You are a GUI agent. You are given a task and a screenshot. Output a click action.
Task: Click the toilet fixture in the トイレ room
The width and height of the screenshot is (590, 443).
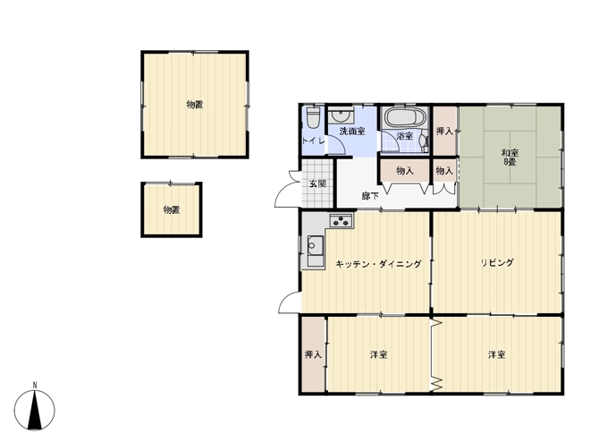(313, 118)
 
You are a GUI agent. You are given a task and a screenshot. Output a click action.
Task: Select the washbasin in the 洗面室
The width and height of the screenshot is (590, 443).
(341, 115)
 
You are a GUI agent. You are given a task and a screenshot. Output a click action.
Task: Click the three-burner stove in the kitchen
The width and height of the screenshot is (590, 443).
(341, 220)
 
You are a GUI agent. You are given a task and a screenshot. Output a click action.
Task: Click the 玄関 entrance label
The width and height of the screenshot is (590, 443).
(317, 183)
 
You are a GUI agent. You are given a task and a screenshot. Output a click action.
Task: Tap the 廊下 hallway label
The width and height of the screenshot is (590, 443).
(370, 196)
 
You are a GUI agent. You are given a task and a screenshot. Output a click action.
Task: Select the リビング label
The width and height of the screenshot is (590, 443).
(497, 262)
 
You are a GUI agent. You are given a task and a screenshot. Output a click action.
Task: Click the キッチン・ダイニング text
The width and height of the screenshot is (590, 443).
(378, 264)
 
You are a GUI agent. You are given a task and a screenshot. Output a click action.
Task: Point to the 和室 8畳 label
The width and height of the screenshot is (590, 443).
(510, 158)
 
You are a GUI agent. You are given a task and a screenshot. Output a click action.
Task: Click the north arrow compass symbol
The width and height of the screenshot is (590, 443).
(35, 410)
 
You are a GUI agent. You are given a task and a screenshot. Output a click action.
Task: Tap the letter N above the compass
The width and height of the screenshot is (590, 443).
(35, 385)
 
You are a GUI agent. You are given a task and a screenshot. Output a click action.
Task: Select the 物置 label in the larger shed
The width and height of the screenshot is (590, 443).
(195, 105)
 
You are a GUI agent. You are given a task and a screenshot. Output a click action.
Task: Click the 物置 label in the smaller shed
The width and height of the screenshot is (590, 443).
(172, 209)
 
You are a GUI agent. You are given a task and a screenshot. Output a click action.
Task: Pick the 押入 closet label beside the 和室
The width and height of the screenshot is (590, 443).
(444, 131)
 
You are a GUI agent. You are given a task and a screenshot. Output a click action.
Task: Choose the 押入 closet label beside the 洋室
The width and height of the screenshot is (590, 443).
(313, 354)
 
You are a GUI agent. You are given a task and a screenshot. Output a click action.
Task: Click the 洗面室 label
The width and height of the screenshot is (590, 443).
(352, 131)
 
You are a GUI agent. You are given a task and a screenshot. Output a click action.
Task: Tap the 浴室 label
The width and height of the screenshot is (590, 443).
(404, 136)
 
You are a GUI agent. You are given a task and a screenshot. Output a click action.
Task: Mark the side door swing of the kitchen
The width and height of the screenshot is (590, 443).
(290, 302)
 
